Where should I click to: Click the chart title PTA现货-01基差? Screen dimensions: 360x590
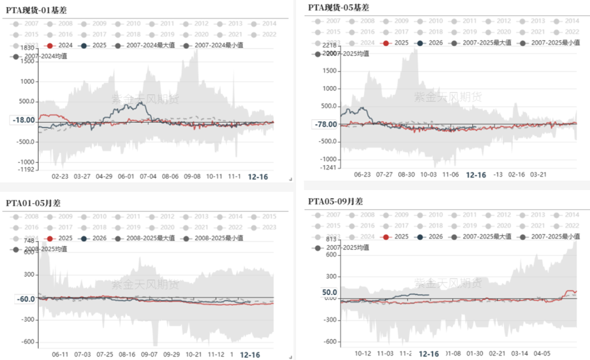click(37, 10)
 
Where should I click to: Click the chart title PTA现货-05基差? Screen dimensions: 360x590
click(339, 7)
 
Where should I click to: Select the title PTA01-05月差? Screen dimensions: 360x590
click(33, 203)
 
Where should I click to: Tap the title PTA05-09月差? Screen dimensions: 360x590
click(335, 201)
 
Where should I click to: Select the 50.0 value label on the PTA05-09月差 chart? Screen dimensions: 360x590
click(330, 292)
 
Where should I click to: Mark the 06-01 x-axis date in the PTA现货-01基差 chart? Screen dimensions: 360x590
click(126, 177)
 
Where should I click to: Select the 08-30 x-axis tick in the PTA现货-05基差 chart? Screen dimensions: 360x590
click(406, 175)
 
